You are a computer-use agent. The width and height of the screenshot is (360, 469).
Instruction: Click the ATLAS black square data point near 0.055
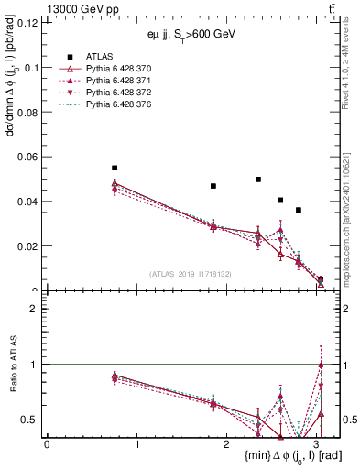point(115,168)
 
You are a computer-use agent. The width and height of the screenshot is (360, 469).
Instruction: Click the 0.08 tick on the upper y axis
point(30,112)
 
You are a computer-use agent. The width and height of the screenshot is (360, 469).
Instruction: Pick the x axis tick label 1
point(136,443)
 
